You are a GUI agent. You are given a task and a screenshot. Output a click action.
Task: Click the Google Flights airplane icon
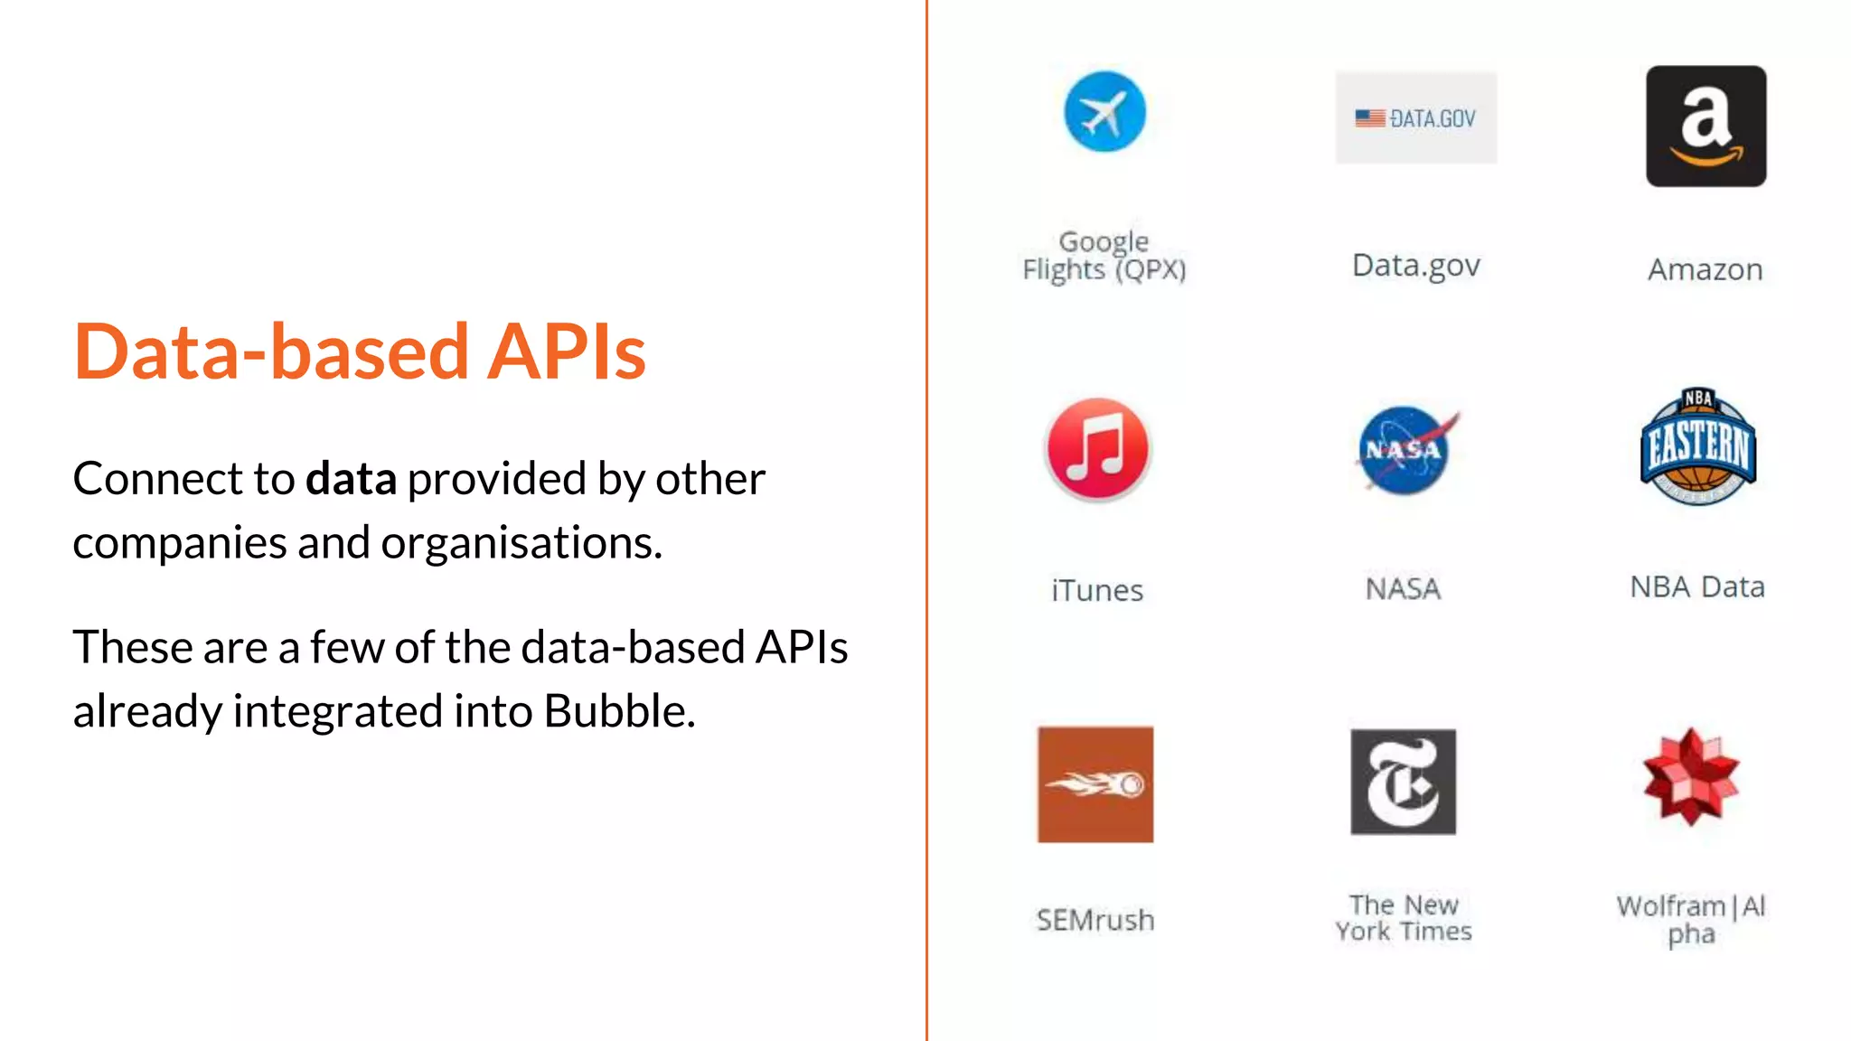pos(1104,112)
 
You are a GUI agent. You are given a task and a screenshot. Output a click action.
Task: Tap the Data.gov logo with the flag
pos(1415,118)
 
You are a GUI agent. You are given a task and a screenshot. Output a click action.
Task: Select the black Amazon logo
pos(1705,127)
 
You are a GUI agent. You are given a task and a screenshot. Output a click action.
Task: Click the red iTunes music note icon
pos(1097,449)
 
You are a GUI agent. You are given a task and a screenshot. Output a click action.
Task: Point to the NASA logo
pos(1404,450)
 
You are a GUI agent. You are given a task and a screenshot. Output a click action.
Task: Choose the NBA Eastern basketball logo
pos(1697,446)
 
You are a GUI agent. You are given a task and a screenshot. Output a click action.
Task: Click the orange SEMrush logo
pos(1095,784)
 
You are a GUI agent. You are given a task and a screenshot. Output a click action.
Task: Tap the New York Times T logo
pos(1403,782)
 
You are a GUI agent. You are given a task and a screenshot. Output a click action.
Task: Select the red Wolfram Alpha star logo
pos(1691,777)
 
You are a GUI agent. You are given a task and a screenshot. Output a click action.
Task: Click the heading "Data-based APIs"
pos(360,352)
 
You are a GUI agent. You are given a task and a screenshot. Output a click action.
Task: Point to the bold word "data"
pos(351,479)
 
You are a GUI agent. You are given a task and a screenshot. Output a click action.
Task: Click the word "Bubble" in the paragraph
pos(618,711)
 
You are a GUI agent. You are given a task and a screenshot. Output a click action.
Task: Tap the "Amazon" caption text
pos(1705,269)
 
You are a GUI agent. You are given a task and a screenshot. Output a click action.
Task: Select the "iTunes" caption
pos(1097,591)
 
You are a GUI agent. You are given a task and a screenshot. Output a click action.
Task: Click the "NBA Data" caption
pos(1697,587)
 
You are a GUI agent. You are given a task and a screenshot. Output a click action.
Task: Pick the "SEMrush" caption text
pos(1095,920)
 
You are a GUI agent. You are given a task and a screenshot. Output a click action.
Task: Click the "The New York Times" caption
pos(1404,918)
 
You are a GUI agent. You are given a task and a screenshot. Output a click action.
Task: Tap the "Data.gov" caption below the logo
pos(1415,266)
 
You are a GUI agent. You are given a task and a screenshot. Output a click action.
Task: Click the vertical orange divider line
pos(926,520)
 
